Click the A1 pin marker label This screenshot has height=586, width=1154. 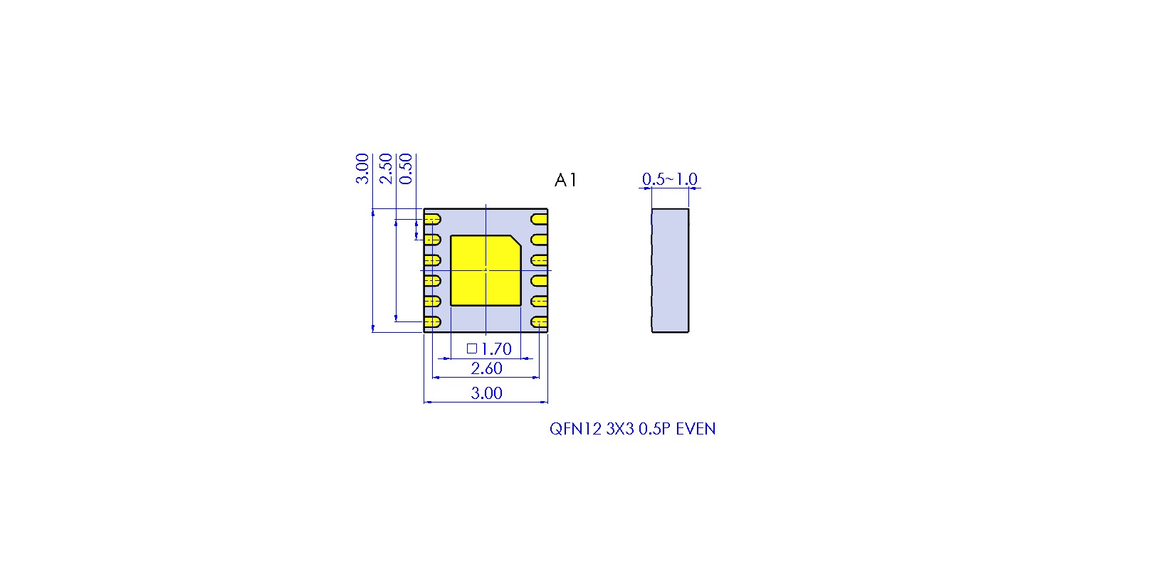point(565,180)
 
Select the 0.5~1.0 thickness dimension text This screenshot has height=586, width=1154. point(669,179)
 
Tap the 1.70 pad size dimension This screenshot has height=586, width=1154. point(496,348)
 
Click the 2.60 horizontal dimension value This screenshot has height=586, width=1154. point(486,368)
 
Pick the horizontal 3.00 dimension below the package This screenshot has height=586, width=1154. point(486,393)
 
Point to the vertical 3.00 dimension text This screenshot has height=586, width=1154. point(362,169)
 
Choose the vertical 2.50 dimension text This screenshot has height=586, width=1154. point(385,169)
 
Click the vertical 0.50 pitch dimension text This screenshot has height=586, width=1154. point(406,169)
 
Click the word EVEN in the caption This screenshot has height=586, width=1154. point(696,429)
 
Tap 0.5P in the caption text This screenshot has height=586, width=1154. point(654,429)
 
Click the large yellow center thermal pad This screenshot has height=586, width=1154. point(486,271)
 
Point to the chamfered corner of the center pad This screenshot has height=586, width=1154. point(515,241)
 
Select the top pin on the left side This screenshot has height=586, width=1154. point(432,219)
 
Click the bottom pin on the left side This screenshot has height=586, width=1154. point(432,322)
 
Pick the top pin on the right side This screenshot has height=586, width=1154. point(539,219)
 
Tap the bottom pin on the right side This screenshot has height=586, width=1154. point(539,322)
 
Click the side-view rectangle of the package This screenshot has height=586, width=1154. point(670,271)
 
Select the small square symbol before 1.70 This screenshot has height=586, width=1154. point(472,348)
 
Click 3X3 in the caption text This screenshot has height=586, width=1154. point(620,429)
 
